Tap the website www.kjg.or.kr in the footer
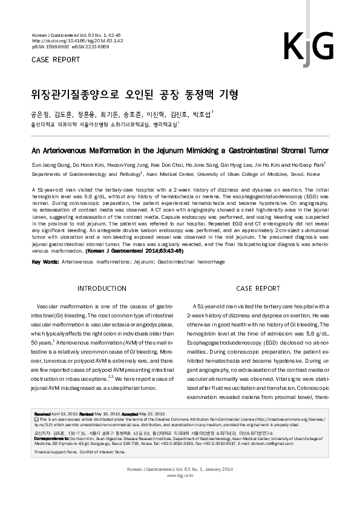[x=180, y=475]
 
